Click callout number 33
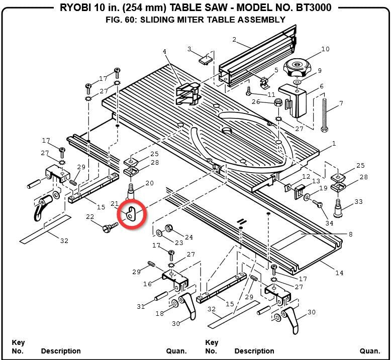pyautogui.click(x=358, y=202)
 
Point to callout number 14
pyautogui.click(x=339, y=273)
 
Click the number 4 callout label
pyautogui.click(x=164, y=52)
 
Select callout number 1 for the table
pyautogui.click(x=334, y=144)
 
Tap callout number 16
pyautogui.click(x=147, y=284)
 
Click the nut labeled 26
pyautogui.click(x=277, y=102)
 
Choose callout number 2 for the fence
pyautogui.click(x=234, y=40)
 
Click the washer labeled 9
pyautogui.click(x=298, y=81)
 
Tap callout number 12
pyautogui.click(x=306, y=176)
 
